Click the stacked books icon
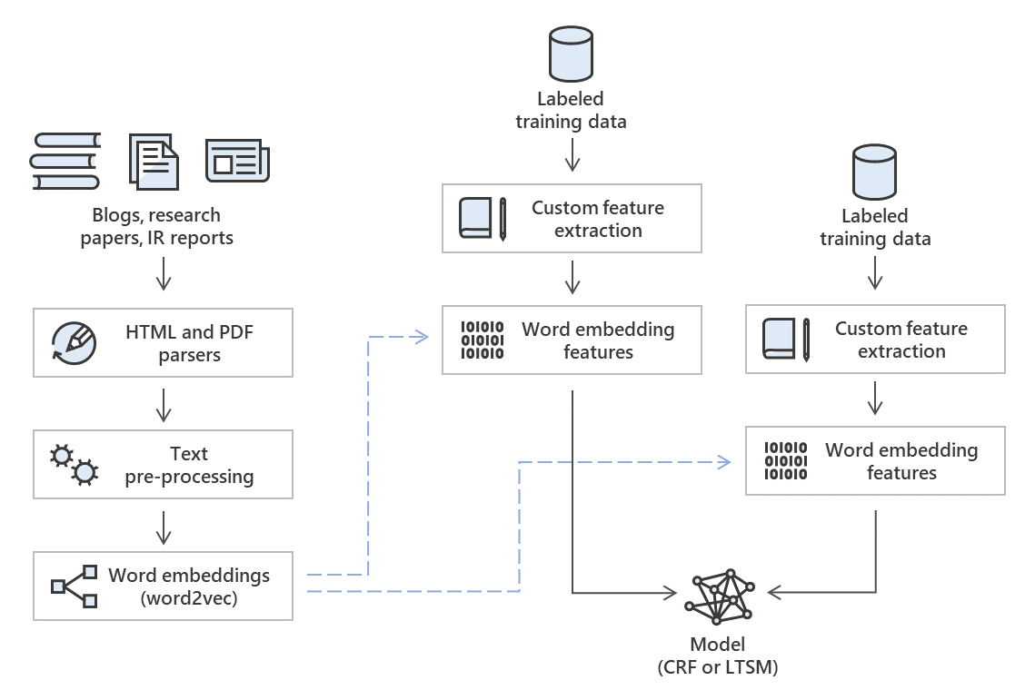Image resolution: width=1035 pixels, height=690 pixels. [x=65, y=161]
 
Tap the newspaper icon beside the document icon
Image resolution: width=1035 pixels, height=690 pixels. [x=237, y=162]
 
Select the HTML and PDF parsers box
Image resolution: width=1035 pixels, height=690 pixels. [x=163, y=343]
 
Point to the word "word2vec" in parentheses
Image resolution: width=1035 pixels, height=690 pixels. [x=189, y=598]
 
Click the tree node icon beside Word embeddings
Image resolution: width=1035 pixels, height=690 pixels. [x=74, y=586]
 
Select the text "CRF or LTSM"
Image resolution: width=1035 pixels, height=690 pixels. [x=718, y=667]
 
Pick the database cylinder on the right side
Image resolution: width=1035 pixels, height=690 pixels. [x=874, y=172]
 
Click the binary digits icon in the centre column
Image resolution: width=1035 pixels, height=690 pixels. [x=482, y=340]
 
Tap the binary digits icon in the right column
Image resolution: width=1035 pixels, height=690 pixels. [x=785, y=461]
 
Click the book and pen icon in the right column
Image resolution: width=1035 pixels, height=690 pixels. [x=787, y=340]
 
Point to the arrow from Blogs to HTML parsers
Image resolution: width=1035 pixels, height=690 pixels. [x=164, y=272]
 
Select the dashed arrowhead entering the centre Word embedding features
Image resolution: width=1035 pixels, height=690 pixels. [x=420, y=337]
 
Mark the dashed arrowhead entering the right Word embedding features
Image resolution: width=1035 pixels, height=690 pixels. [x=723, y=462]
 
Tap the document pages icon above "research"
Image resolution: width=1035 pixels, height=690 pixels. [x=154, y=161]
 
